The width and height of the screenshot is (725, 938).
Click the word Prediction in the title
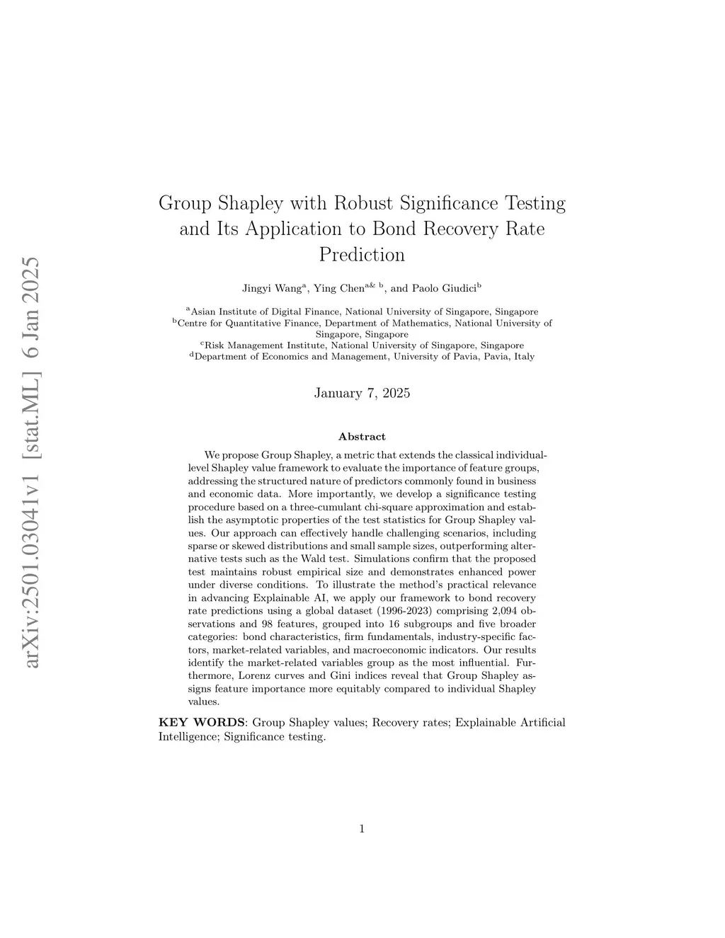362,254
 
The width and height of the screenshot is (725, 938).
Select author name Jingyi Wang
273,288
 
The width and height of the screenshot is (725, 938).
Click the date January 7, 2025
362,393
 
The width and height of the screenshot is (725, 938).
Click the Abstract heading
362,437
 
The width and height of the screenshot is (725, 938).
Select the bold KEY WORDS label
202,723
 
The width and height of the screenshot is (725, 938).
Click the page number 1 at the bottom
362,829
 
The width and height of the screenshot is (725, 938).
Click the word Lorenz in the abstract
255,675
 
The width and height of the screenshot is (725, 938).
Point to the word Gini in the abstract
341,675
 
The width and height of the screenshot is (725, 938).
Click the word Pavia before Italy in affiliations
501,357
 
